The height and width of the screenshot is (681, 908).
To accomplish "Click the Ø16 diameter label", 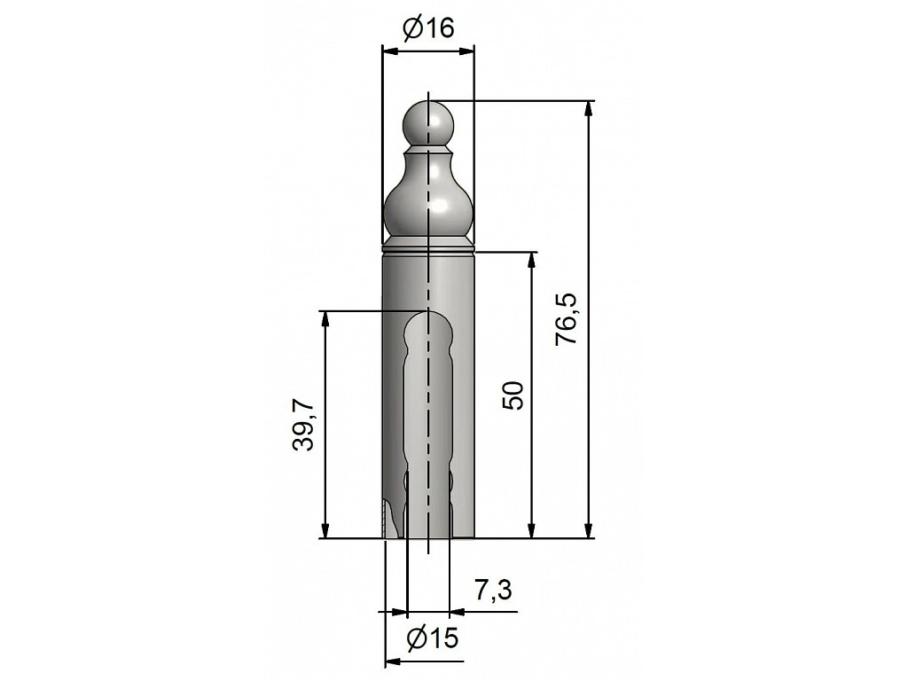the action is pos(428,27).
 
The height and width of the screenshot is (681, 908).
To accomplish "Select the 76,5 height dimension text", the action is pos(567,320).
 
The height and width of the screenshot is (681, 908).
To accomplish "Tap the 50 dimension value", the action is pos(513,395).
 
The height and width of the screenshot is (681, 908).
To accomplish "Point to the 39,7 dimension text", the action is pos(303,425).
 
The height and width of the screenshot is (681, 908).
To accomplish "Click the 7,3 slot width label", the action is pos(493,591).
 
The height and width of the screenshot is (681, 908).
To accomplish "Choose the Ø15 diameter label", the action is pos(432,638).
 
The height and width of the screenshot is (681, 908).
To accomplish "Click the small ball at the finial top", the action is pos(428,122).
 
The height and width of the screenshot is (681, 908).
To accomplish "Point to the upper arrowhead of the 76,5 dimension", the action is pos(589,109).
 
